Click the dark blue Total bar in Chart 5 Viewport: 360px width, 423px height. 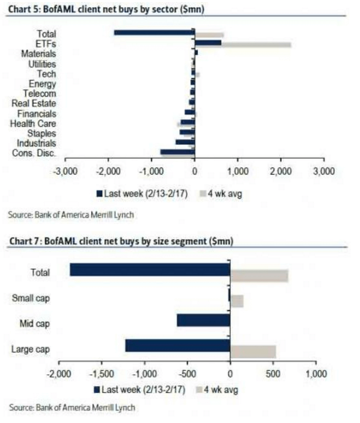tap(154, 32)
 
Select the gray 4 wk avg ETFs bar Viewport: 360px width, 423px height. tap(256, 45)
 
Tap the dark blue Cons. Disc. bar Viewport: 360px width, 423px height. tap(177, 152)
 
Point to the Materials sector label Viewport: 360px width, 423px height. tap(39, 54)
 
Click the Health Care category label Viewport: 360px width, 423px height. tap(33, 124)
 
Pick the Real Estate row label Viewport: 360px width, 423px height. tap(34, 104)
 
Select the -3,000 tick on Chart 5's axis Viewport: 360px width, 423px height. tap(66, 172)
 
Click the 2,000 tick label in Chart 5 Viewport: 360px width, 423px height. tap(281, 172)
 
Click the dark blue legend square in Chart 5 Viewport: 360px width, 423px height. tap(99, 193)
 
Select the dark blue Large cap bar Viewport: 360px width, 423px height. tap(177, 345)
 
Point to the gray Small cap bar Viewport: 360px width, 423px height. tap(237, 301)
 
